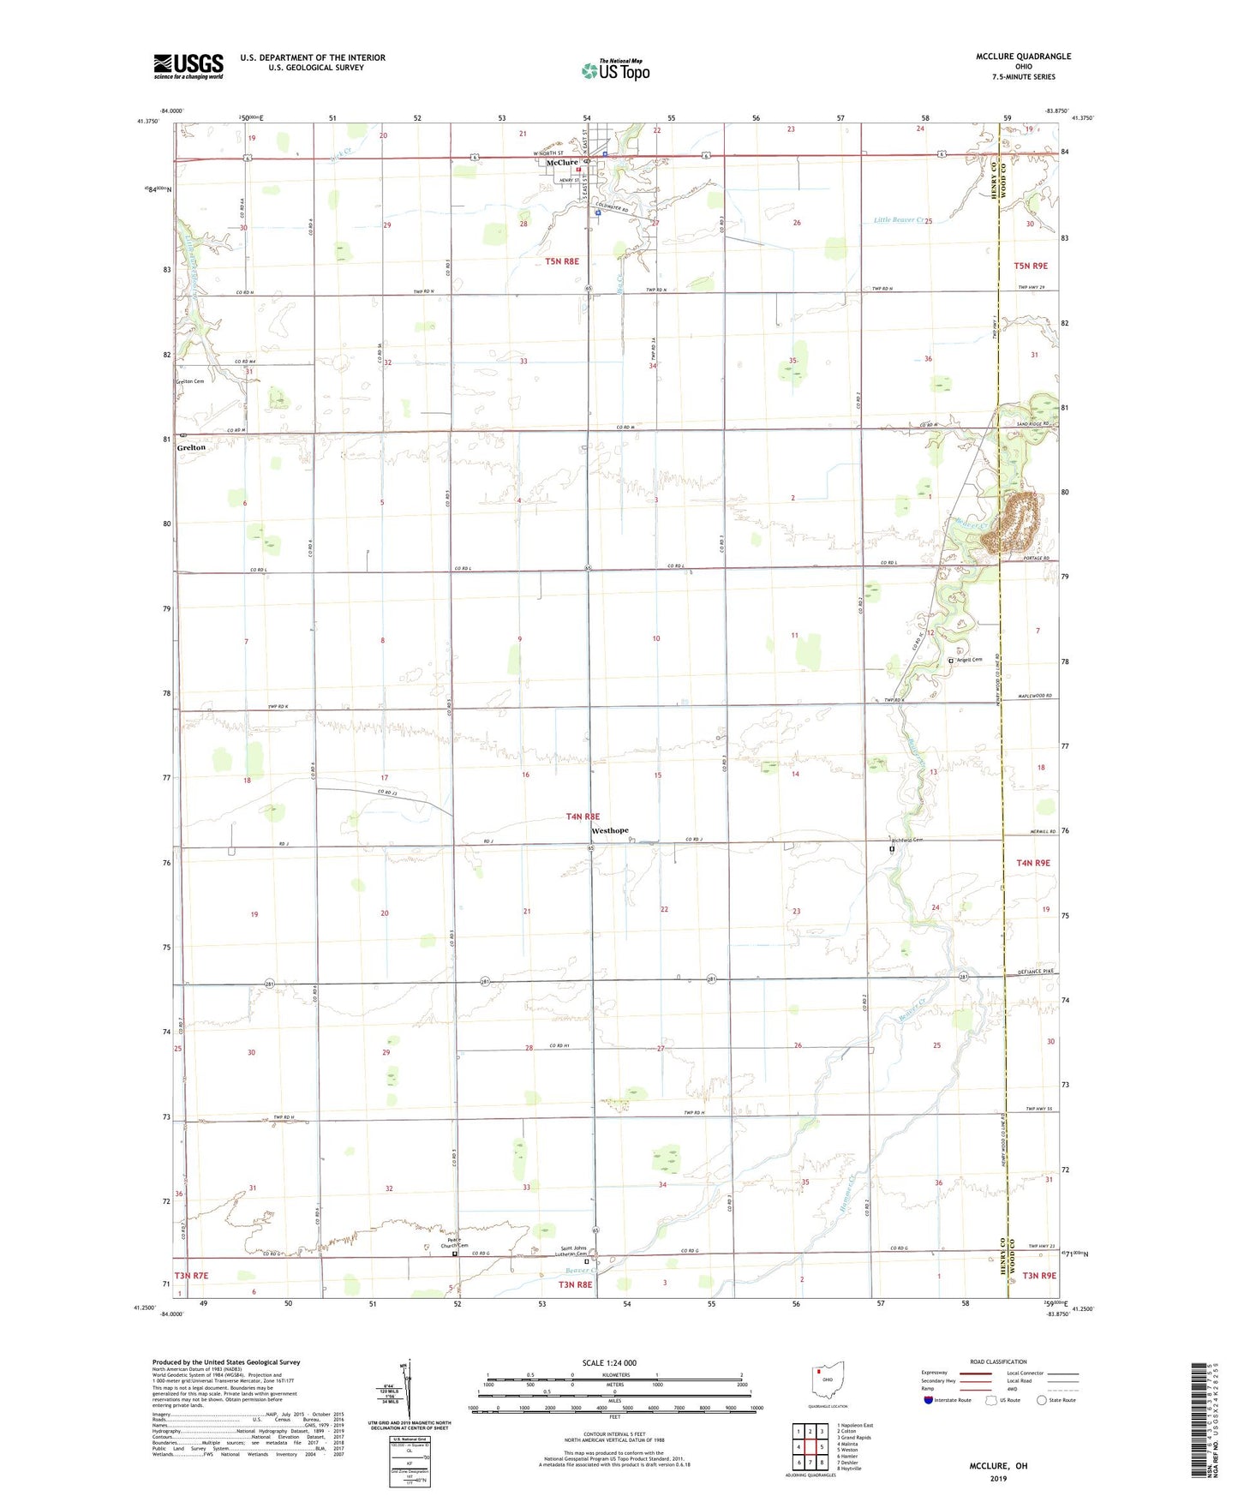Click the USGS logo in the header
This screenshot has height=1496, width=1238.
pyautogui.click(x=188, y=66)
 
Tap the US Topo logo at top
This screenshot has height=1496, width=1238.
pyautogui.click(x=615, y=70)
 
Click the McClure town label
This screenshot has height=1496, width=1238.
pyautogui.click(x=562, y=163)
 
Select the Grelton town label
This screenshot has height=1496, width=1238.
pyautogui.click(x=191, y=447)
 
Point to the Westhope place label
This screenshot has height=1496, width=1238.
pyautogui.click(x=610, y=830)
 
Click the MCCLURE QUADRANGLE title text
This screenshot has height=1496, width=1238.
pyautogui.click(x=1023, y=57)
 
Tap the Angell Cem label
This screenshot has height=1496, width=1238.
pyautogui.click(x=969, y=660)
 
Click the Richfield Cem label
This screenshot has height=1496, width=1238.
pyautogui.click(x=906, y=840)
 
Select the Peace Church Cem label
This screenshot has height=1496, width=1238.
pyautogui.click(x=454, y=1242)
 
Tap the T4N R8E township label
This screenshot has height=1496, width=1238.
pyautogui.click(x=583, y=817)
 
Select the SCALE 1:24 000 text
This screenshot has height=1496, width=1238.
pyautogui.click(x=609, y=1362)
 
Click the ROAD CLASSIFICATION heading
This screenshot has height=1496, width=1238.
pyautogui.click(x=998, y=1361)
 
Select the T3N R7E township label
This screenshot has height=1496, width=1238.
pyautogui.click(x=192, y=1276)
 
